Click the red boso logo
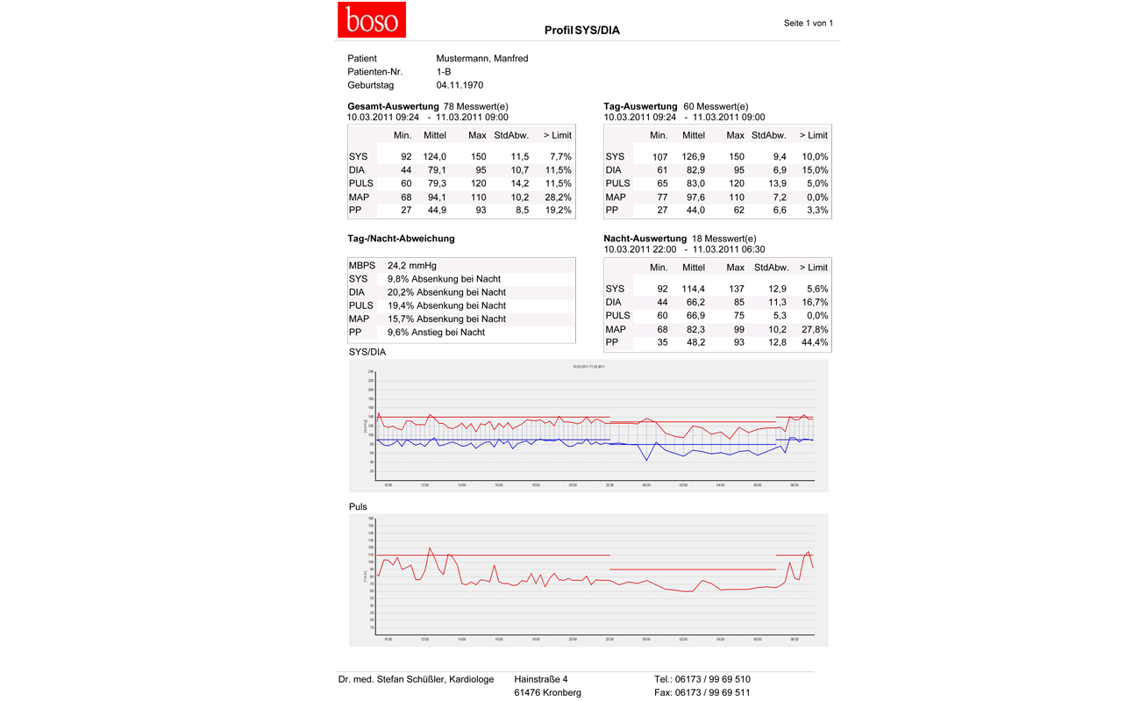coord(372,19)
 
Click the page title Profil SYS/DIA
coord(581,31)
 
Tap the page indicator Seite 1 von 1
coord(808,24)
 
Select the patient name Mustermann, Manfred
coord(481,59)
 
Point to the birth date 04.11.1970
coord(460,85)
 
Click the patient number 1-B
coord(444,72)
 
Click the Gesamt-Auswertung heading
coord(393,106)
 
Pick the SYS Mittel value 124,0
coord(435,157)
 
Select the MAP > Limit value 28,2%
coord(557,197)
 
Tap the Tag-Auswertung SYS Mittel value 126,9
coord(693,157)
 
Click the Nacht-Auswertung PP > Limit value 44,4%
coord(814,342)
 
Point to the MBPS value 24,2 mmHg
coord(411,265)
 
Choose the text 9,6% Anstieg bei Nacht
coord(436,333)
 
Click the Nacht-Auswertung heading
coord(645,239)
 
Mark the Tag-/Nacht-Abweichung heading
coord(401,239)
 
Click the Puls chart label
coord(358,506)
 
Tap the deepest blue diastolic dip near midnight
coord(646,460)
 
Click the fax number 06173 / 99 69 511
coord(712,692)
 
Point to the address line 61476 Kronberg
coord(547,692)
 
